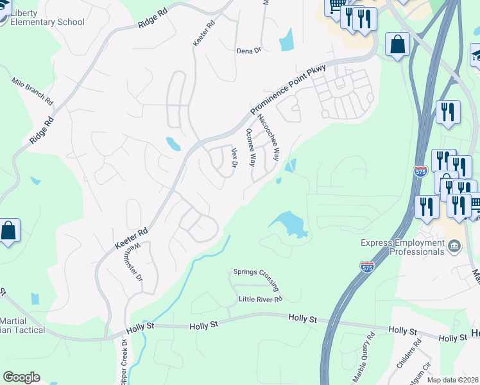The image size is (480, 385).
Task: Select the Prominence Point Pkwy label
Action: (x=287, y=89)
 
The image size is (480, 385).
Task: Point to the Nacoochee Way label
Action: (x=268, y=137)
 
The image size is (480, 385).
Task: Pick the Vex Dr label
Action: (x=234, y=157)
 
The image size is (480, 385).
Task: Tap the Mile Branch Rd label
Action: (x=32, y=91)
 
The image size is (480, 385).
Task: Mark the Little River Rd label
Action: (x=261, y=299)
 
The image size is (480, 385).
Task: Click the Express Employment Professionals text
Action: (x=402, y=247)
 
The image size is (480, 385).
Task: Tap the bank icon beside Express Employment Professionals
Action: (x=454, y=244)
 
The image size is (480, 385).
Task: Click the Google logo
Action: (x=21, y=377)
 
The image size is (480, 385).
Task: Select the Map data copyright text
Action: (x=453, y=380)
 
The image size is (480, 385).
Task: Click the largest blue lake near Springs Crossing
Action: (x=288, y=224)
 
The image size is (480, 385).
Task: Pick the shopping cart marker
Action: (x=336, y=7)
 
